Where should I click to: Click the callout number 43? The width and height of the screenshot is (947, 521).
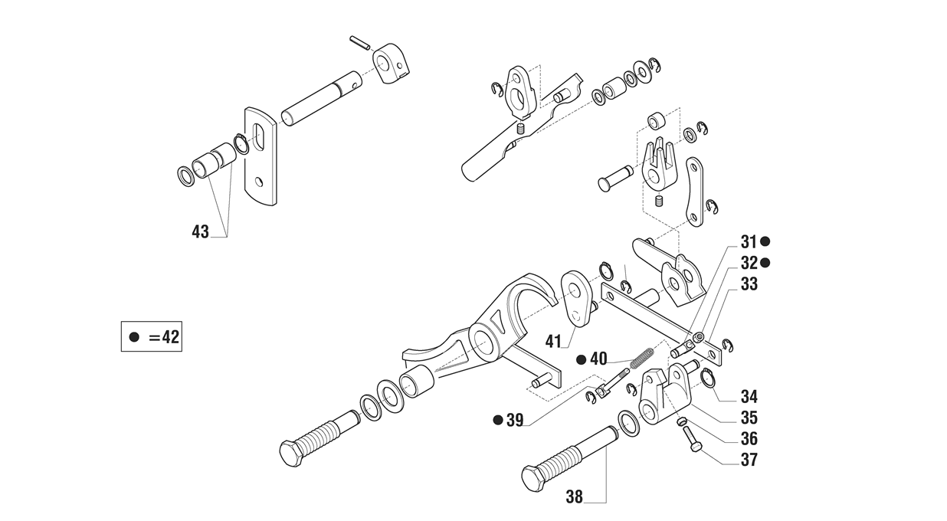[201, 231]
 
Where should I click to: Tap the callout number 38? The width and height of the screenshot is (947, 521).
[574, 497]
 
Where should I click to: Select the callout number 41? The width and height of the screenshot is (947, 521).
[553, 341]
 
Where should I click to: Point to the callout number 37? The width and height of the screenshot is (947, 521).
[749, 460]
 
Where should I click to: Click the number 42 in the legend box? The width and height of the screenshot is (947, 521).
[171, 337]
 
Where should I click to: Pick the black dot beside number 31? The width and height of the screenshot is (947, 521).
[765, 241]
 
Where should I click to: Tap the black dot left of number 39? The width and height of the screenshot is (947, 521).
[498, 420]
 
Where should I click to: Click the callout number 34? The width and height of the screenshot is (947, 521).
[749, 397]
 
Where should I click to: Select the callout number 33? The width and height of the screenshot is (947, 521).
[749, 284]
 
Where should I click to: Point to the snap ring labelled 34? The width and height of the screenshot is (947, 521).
[708, 378]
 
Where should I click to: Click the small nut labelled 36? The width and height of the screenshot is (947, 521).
[680, 421]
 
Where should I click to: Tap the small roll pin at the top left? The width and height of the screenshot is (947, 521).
[360, 43]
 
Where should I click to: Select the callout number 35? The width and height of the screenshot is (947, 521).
[749, 418]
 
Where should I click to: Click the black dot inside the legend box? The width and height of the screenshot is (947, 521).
[134, 337]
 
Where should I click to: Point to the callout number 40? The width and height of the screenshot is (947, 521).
[598, 359]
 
